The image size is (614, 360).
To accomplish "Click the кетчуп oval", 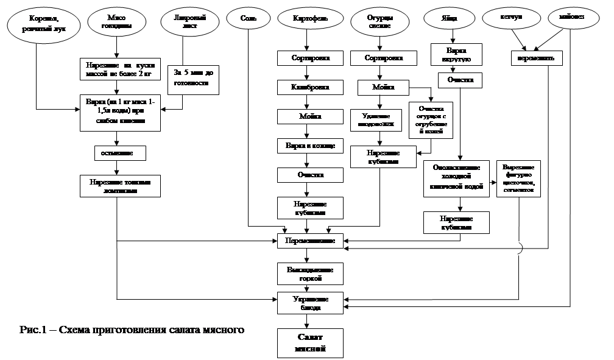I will pos(510,18).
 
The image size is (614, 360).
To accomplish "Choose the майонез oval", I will pos(574,18).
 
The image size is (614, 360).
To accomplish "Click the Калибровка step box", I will pos(310,87).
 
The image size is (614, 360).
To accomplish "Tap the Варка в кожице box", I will pos(310,146).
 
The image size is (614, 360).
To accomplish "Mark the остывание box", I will pos(120,152).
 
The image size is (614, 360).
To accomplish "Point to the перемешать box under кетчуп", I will pos(536,58).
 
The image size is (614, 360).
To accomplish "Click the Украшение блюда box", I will pos(310,303).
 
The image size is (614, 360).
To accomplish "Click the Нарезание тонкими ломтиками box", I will pos(120,186).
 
